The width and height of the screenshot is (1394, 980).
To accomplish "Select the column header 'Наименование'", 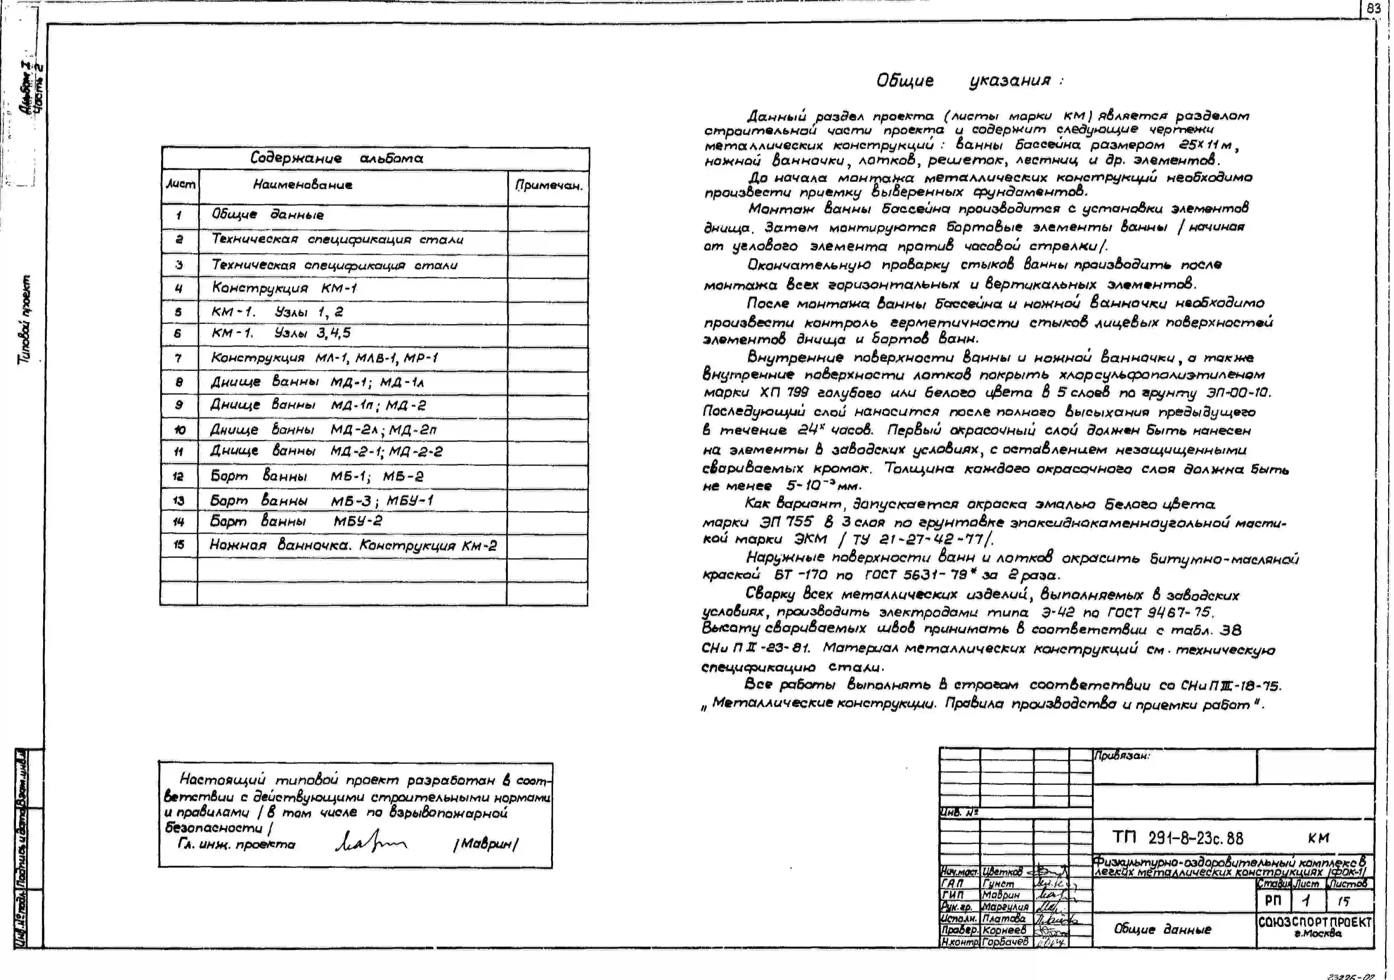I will pos(302,184).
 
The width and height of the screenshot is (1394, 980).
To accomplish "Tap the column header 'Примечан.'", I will pos(548,185).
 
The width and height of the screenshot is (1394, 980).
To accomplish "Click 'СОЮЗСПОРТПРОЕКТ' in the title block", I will pos(1314,922).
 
